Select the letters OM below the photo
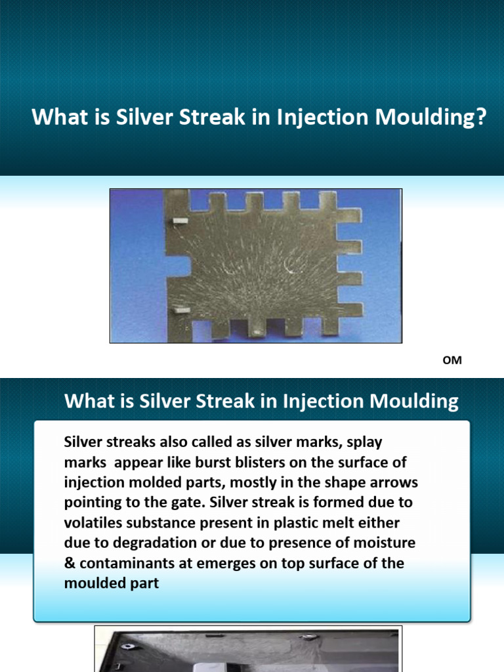click(x=454, y=360)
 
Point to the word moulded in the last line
click(x=93, y=583)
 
